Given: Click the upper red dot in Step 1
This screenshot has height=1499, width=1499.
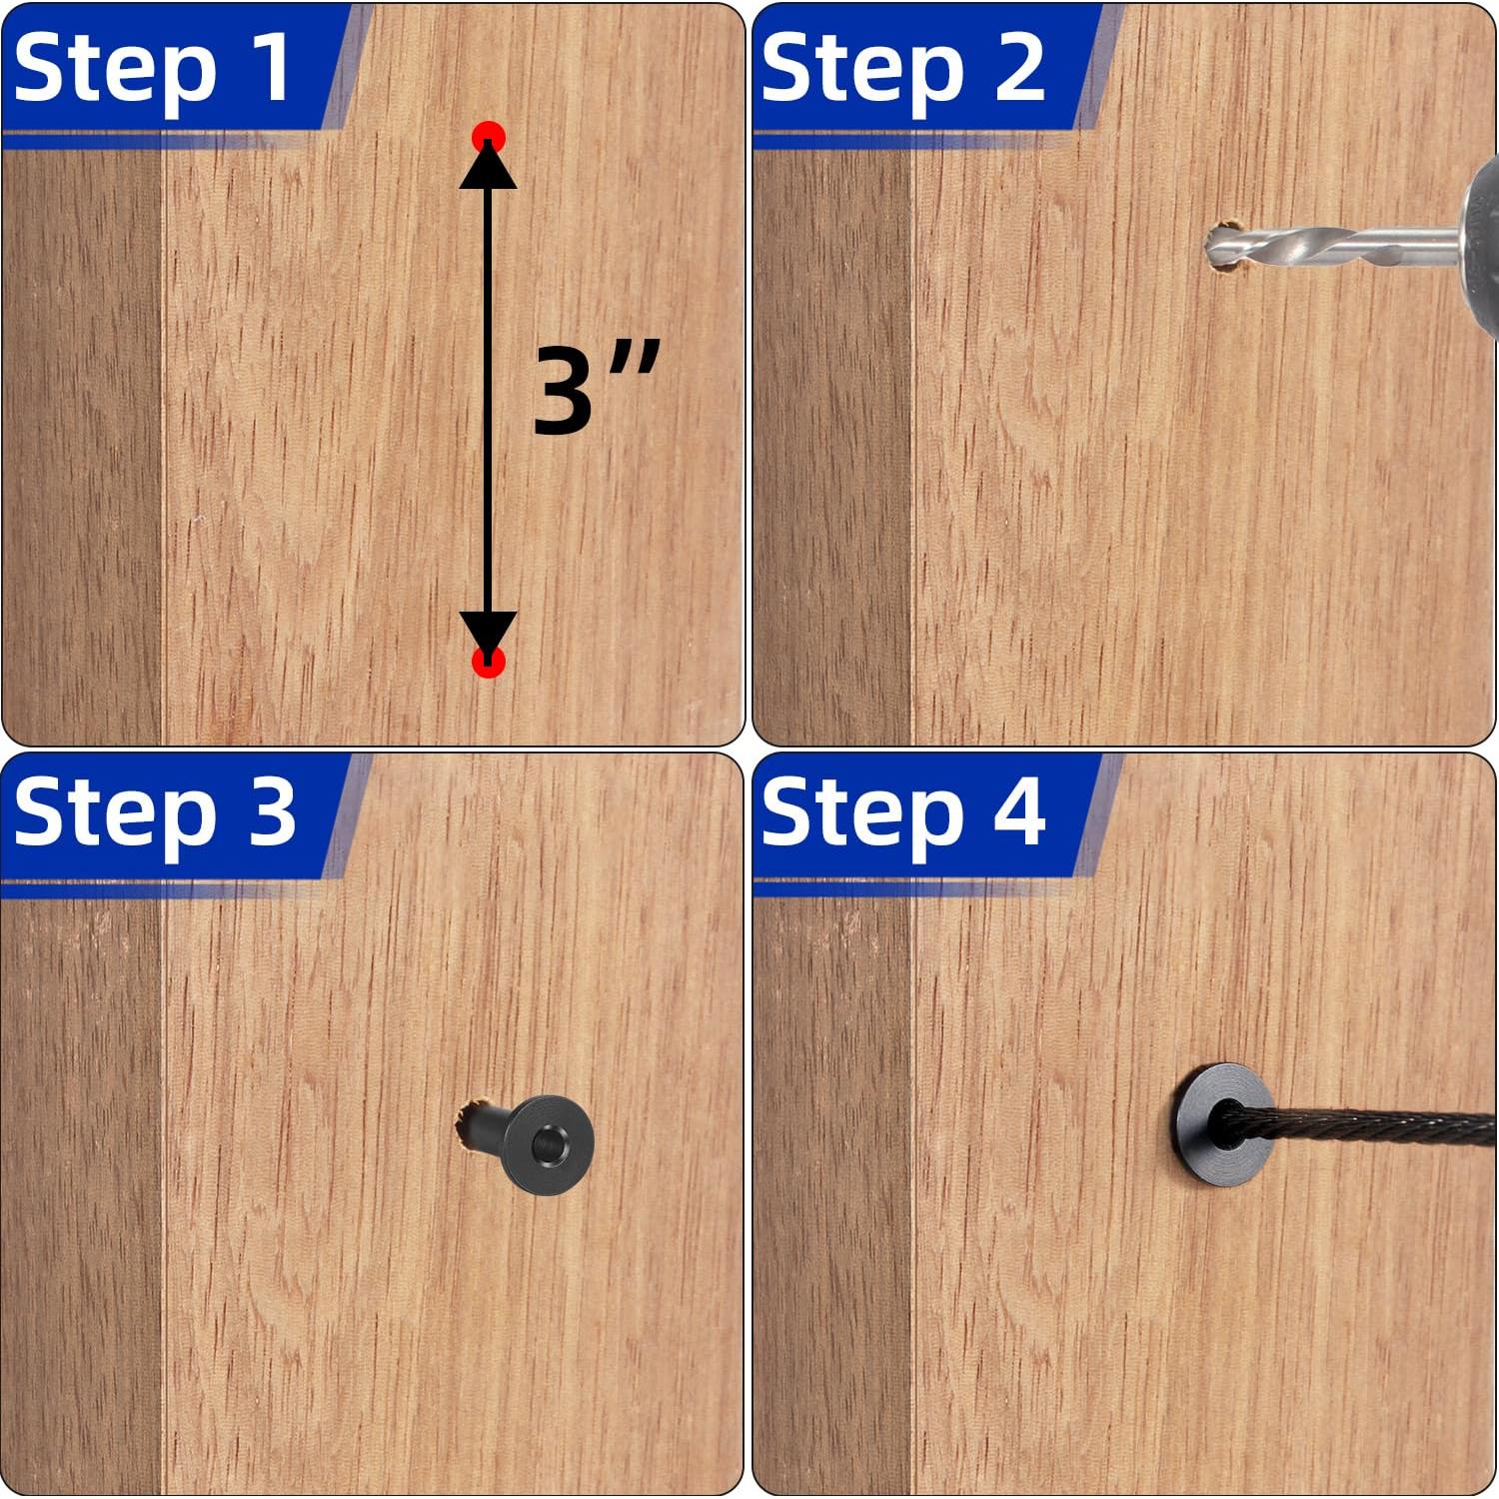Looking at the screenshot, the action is click(x=489, y=136).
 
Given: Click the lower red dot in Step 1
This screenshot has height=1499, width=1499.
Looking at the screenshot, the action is click(x=489, y=662).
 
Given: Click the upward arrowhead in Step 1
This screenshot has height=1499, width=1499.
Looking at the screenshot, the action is click(x=489, y=165).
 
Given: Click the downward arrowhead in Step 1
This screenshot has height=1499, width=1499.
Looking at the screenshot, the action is click(x=489, y=636).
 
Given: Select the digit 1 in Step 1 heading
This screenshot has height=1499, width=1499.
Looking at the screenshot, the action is click(x=270, y=66).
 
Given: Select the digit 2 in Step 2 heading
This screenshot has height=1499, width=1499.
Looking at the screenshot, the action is click(x=1019, y=66).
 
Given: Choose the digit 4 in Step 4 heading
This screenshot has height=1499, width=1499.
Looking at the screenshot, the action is click(x=1019, y=811).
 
